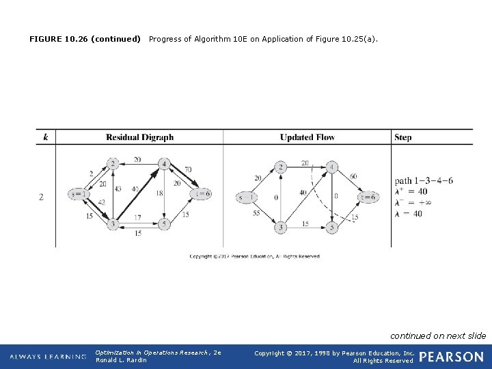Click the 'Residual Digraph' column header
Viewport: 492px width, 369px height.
[139, 137]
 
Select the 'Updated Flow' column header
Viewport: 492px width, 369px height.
[307, 137]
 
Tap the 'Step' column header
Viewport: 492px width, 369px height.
[402, 137]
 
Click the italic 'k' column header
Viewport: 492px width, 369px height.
[45, 137]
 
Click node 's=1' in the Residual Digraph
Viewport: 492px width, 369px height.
[79, 194]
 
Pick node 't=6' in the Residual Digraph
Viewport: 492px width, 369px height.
[201, 194]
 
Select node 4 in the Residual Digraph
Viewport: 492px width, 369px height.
[164, 164]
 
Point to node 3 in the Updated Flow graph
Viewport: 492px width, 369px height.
[280, 227]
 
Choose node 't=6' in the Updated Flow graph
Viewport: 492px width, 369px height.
[368, 197]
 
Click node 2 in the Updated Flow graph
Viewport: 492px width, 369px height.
[280, 167]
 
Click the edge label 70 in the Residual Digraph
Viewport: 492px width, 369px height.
[187, 169]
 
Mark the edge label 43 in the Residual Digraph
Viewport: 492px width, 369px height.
[119, 189]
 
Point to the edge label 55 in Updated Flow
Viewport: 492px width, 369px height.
[256, 214]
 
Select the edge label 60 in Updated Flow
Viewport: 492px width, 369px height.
[353, 176]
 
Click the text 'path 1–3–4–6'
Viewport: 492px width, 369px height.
[424, 181]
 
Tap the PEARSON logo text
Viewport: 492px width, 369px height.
[451, 357]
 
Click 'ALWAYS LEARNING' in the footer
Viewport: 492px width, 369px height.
[49, 357]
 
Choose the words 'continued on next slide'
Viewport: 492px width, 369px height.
[438, 336]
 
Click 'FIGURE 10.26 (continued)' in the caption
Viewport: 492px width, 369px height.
[85, 39]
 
